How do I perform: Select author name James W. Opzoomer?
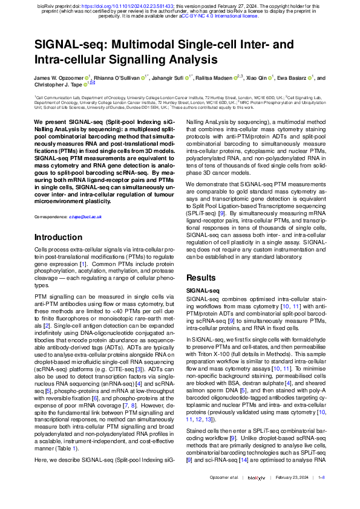[60, 78]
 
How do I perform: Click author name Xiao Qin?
[260, 78]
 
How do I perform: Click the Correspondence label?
[50, 216]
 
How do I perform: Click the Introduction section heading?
[62, 238]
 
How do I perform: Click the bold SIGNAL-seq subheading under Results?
[203, 291]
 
